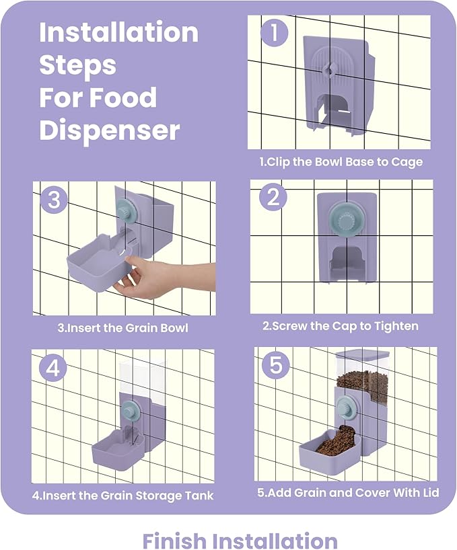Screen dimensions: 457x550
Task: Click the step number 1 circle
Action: [274, 33]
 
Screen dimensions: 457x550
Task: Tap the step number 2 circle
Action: [273, 197]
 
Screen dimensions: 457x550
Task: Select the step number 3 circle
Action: [54, 200]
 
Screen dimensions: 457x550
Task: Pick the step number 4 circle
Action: [53, 368]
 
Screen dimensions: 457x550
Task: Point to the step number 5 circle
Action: [276, 365]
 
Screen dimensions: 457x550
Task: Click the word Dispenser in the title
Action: [110, 130]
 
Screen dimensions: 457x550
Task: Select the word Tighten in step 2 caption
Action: [396, 327]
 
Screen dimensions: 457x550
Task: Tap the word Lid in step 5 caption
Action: [431, 492]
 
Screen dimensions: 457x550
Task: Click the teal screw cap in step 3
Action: [127, 211]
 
